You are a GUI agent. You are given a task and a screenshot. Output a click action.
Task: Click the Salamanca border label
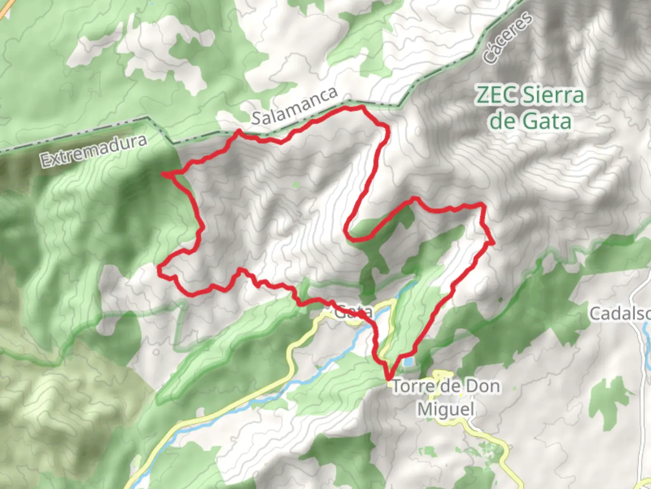294,105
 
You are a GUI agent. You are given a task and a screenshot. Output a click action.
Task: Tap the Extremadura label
94,151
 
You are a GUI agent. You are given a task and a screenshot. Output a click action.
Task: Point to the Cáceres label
508,38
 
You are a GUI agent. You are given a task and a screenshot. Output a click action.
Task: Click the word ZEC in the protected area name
495,96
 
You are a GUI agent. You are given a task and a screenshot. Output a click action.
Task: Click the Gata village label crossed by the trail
354,312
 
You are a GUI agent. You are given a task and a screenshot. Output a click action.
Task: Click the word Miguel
445,410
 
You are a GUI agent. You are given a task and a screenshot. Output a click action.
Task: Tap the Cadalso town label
619,313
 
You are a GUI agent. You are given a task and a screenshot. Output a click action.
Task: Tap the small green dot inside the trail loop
296,184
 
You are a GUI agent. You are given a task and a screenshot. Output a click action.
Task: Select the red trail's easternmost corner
492,243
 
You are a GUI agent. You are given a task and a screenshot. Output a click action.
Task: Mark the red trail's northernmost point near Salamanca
361,107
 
